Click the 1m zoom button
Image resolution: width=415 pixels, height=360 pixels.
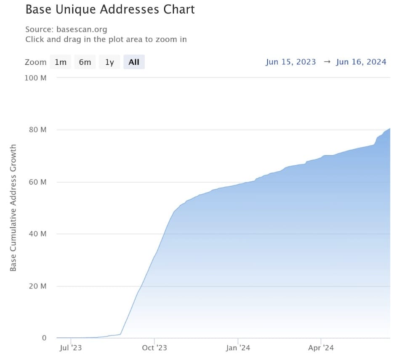pos(61,62)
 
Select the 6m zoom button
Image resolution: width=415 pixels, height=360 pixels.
pos(85,62)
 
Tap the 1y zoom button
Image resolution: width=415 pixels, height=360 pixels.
pos(109,62)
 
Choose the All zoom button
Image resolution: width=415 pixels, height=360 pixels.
pos(134,62)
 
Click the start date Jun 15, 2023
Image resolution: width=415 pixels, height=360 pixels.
pos(291,62)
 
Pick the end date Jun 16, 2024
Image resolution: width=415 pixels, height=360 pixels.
pos(361,62)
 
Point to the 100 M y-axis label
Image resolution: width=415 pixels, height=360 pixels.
pos(35,78)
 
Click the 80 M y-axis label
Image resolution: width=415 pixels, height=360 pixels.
pos(37,130)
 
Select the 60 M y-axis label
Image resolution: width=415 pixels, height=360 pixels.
pos(37,182)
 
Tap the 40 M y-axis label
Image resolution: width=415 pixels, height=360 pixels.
pos(37,234)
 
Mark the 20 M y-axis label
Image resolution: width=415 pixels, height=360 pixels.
pos(37,286)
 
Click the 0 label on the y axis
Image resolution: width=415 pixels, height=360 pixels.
pos(44,338)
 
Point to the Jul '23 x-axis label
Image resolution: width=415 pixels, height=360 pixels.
pos(71,347)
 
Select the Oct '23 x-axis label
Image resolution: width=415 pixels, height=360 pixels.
pos(154,347)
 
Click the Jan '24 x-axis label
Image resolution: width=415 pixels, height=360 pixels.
pos(238,347)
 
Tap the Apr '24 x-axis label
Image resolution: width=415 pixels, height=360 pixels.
pos(321,347)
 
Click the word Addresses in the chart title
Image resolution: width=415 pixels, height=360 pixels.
pos(129,10)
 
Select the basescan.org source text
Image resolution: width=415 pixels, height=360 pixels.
pos(82,29)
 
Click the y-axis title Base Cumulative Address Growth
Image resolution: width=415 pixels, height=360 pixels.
pos(13,208)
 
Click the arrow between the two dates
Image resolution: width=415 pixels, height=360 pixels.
pos(327,62)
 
